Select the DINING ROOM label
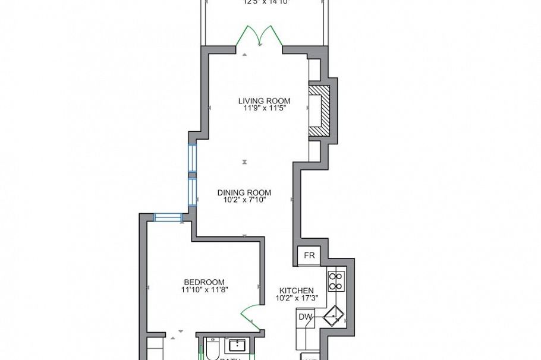pyautogui.click(x=244, y=192)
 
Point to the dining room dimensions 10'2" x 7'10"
pyautogui.click(x=244, y=201)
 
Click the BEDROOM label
pyautogui.click(x=204, y=282)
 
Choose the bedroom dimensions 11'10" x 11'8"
pyautogui.click(x=204, y=290)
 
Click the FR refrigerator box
pyautogui.click(x=309, y=255)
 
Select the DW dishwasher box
pyautogui.click(x=305, y=317)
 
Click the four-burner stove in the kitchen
pyautogui.click(x=335, y=281)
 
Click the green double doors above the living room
pyautogui.click(x=259, y=36)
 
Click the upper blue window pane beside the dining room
pyautogui.click(x=192, y=158)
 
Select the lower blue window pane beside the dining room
pyautogui.click(x=192, y=192)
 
